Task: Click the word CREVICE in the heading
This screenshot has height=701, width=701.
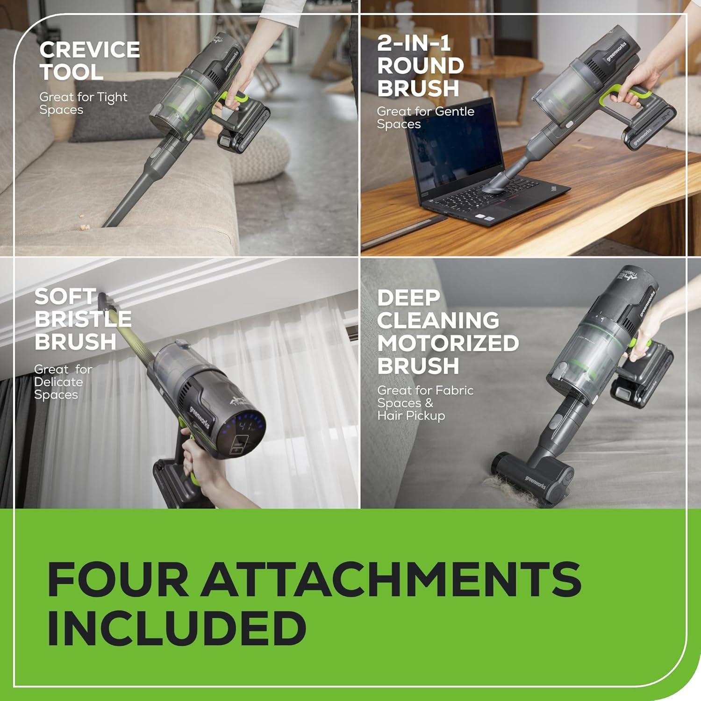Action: [x=89, y=50]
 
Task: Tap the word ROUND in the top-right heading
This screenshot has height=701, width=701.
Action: [x=420, y=65]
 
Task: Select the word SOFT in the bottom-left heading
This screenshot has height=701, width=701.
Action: [x=65, y=297]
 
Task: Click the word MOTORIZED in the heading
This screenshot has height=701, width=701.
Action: [x=448, y=343]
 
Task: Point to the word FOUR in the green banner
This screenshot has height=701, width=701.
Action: [x=117, y=579]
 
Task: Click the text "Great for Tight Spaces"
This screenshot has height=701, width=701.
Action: [x=83, y=103]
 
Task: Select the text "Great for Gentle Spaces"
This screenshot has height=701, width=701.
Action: [x=425, y=118]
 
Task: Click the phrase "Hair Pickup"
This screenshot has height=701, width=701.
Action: [x=411, y=415]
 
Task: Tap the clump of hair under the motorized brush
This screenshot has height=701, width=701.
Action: [x=509, y=491]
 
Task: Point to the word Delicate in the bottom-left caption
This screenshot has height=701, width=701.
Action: [x=58, y=382]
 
